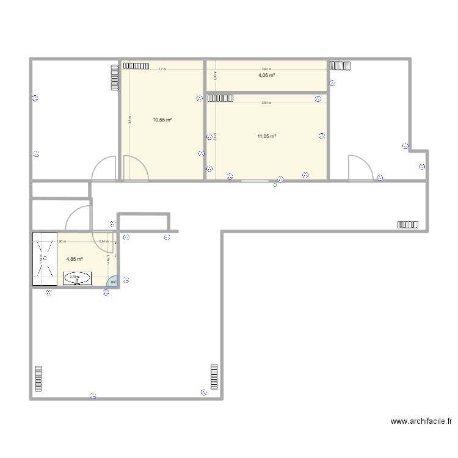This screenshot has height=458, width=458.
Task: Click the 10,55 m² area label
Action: [x=162, y=120]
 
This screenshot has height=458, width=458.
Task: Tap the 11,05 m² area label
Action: [x=267, y=137]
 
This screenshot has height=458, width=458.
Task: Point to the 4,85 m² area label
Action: [x=75, y=259]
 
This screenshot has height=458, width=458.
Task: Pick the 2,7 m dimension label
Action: [x=161, y=70]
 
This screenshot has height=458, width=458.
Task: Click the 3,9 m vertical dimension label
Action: [x=129, y=120]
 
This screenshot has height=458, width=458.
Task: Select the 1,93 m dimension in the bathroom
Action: [x=61, y=241]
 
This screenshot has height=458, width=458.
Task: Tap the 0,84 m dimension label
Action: [x=104, y=241]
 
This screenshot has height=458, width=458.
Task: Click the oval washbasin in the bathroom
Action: [x=77, y=278]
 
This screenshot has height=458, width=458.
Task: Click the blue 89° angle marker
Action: [x=113, y=282]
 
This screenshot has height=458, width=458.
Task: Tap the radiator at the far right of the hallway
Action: [x=408, y=224]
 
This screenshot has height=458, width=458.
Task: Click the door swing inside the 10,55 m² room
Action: [x=134, y=168]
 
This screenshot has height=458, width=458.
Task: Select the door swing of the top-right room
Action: [x=359, y=168]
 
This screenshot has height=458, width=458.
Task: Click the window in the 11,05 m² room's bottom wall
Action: [x=256, y=181]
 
